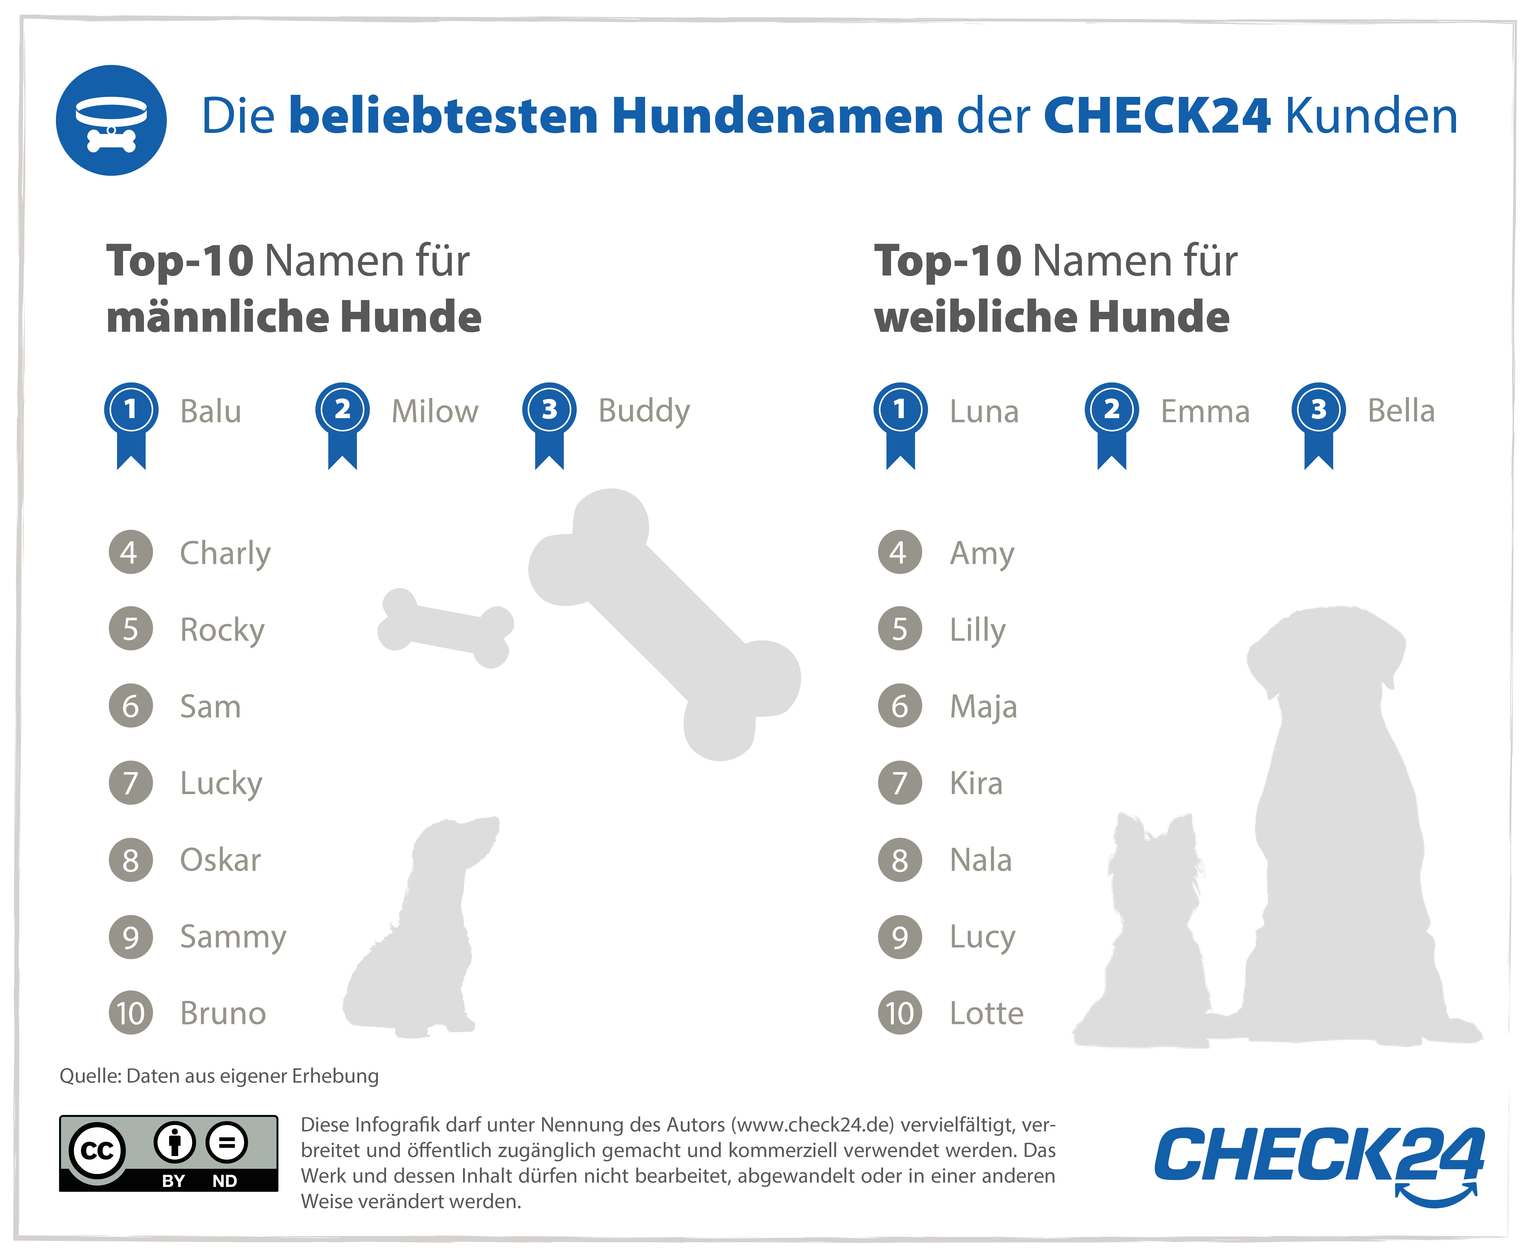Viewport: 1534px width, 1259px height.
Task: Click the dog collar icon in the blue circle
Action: point(111,120)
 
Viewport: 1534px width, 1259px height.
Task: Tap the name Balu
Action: point(210,411)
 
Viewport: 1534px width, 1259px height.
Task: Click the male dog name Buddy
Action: point(643,411)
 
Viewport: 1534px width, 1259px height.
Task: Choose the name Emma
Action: point(1205,411)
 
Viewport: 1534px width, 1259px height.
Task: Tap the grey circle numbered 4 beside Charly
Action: point(131,553)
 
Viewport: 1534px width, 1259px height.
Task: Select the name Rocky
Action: point(222,629)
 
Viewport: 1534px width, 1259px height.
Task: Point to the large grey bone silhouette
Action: point(664,624)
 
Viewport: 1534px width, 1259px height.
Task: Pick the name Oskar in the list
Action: point(220,860)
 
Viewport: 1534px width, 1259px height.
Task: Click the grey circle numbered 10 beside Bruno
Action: point(131,1013)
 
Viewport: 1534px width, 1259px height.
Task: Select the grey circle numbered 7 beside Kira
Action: point(900,783)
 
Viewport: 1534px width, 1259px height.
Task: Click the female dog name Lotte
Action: point(986,1013)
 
